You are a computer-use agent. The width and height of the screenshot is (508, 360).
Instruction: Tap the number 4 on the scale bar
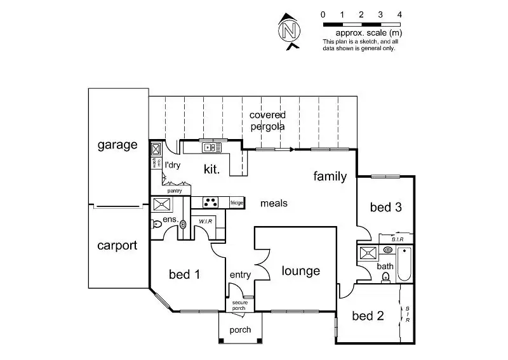pos(399,14)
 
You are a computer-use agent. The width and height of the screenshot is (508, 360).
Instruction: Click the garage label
pos(117,145)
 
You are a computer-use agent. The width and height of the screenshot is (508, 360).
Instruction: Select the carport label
pos(117,246)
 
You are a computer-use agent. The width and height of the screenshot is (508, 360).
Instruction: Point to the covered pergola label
pos(267,121)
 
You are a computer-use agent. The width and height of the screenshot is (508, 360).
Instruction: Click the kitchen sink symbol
pos(211,148)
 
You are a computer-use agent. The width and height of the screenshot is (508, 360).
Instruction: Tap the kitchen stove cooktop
pos(211,203)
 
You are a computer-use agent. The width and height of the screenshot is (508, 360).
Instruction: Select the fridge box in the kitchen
pos(237,203)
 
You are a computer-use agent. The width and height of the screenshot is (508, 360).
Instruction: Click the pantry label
pos(175,190)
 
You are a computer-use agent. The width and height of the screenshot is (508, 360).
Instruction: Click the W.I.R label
pos(204,222)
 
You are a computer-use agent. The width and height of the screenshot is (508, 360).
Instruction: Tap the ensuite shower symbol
pos(161,204)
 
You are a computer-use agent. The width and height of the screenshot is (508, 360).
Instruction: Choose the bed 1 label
pos(185,275)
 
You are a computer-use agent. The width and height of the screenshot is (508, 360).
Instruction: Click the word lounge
pos(300,271)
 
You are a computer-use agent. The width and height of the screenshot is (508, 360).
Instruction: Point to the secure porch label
pos(239,305)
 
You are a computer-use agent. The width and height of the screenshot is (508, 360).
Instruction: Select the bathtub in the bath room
pos(404,265)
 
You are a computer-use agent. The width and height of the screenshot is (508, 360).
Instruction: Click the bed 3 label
pos(385,208)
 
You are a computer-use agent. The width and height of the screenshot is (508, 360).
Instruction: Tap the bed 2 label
pos(368,316)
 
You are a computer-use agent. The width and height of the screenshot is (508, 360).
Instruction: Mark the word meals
pos(274,203)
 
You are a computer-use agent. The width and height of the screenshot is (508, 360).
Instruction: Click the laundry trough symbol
pos(156,150)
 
